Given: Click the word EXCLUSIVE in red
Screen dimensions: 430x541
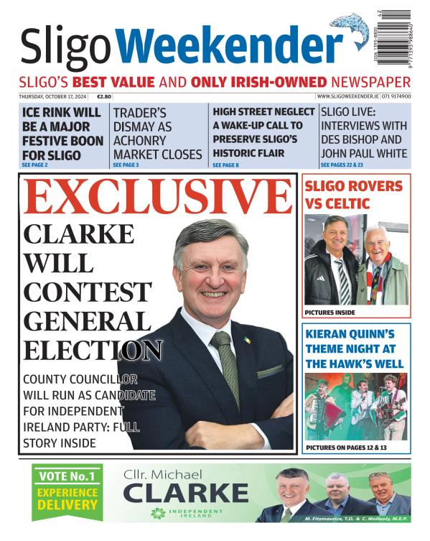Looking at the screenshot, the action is [157, 198].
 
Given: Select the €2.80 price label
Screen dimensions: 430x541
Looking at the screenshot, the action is [104, 96].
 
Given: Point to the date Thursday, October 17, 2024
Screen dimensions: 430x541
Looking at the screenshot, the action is [52, 96].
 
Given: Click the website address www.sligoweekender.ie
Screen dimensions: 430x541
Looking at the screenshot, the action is [344, 96].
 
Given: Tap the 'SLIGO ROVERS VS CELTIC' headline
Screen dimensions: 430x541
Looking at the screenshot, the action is [354, 194].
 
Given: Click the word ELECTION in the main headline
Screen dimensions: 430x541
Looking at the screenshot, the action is [92, 350].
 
